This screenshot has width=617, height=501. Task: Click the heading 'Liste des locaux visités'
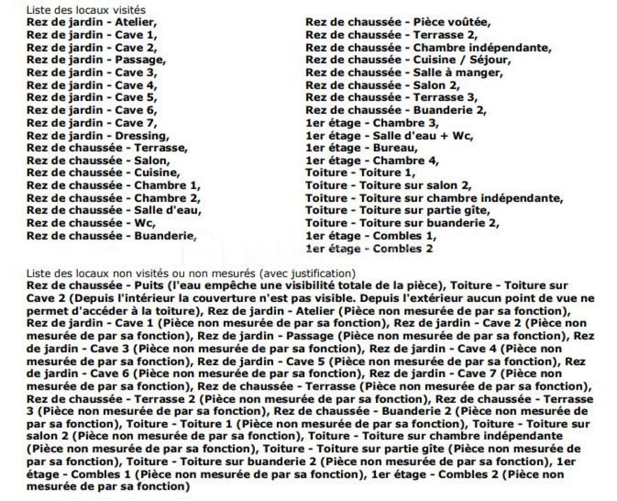pos(86,10)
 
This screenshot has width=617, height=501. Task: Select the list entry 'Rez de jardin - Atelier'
pos(92,23)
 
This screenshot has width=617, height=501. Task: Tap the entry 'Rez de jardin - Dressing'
pos(98,136)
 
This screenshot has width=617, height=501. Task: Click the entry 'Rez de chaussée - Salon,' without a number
pos(98,161)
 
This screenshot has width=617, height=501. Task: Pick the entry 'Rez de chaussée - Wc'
pos(91,224)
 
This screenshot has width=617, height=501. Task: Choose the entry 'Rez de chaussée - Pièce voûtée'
pos(398,23)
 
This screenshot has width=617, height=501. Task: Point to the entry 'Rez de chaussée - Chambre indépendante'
pos(428,48)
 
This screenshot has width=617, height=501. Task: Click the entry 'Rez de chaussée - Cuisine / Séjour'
pos(408,60)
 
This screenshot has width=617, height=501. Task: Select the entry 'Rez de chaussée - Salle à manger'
pos(404,73)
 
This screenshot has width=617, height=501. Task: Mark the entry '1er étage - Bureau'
pos(362,148)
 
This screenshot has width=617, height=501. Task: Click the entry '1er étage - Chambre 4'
pos(372,161)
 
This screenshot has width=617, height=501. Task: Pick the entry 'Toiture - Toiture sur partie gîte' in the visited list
pos(398,211)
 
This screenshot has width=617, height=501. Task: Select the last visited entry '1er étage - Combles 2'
pos(369,249)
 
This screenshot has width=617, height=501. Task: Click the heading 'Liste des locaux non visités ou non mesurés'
pos(191,274)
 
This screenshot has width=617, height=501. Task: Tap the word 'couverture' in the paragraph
pos(212,299)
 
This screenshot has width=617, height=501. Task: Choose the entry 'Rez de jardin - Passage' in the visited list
pos(96,60)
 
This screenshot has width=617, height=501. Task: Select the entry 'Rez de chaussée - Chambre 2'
pos(113,199)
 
